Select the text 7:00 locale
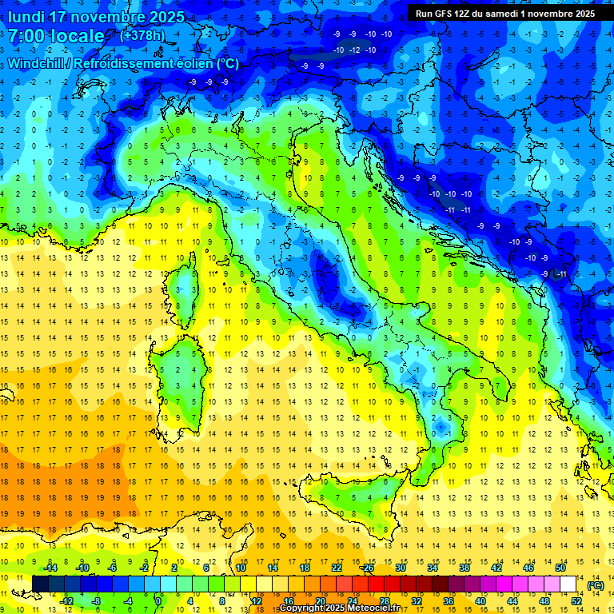click(x=57, y=36)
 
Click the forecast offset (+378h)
click(x=142, y=35)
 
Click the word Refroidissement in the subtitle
click(x=126, y=63)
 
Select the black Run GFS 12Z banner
click(x=504, y=14)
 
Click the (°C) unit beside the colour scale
click(x=596, y=585)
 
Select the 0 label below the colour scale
click(x=158, y=601)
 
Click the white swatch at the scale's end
click(x=568, y=584)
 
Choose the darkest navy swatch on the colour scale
click(x=40, y=584)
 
